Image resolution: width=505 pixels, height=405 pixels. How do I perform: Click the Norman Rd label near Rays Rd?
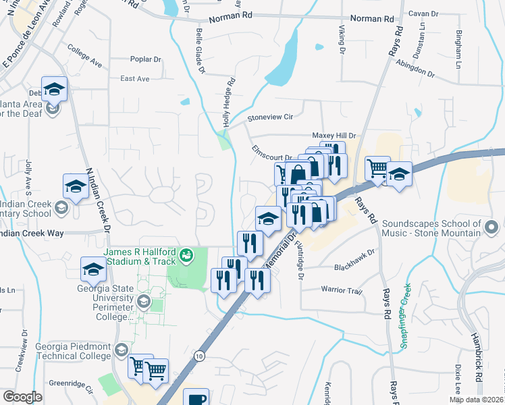[x=373, y=20]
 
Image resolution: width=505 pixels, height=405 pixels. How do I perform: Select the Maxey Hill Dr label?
[x=333, y=136]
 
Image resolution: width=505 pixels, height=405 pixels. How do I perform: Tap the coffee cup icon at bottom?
[x=198, y=399]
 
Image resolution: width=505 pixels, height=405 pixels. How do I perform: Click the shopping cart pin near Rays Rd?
[x=377, y=167]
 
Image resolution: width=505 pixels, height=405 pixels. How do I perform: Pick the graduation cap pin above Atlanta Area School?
[x=54, y=88]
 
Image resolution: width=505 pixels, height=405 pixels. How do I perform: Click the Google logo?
[x=22, y=397]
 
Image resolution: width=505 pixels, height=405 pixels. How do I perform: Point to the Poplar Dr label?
[x=145, y=59]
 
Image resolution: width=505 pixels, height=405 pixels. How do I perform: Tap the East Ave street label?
[x=134, y=79]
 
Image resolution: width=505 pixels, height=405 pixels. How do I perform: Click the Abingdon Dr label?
[x=416, y=69]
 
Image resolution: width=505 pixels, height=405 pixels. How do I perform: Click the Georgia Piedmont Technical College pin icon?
[x=121, y=350]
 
